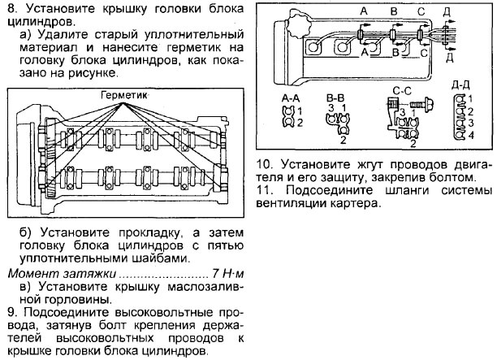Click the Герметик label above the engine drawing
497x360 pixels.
coord(125,95)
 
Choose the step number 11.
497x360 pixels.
coord(263,190)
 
